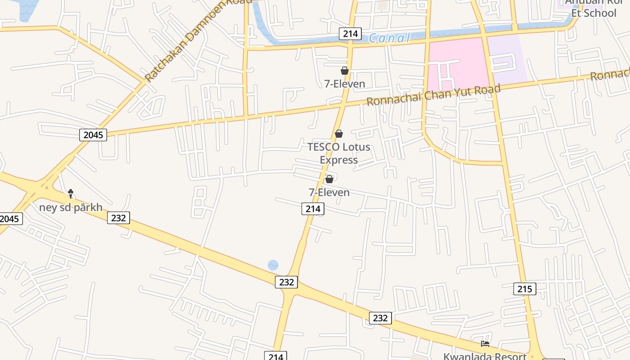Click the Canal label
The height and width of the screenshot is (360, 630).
(390, 38)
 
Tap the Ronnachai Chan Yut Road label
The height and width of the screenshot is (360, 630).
(433, 94)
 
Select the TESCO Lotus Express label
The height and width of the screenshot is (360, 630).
(339, 153)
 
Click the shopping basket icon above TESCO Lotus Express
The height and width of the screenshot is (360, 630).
(339, 134)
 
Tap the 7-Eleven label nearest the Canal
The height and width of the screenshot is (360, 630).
(345, 84)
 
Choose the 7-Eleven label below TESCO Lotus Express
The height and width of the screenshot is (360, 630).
(329, 193)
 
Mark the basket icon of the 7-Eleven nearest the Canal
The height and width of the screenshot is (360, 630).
(345, 71)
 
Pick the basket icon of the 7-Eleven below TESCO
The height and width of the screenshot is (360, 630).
(329, 179)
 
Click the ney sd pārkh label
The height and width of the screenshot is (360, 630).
(71, 207)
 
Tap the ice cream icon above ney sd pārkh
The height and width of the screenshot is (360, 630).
(71, 193)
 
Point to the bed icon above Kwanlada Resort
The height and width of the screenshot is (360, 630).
(485, 344)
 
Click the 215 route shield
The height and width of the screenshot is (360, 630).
(525, 289)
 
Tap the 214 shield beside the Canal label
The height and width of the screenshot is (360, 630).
(350, 34)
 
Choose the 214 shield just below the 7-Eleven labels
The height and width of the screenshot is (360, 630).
(313, 209)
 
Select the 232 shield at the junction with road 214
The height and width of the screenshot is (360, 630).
(286, 282)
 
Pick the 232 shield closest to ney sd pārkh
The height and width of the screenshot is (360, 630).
(118, 218)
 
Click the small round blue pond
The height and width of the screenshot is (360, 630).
(273, 265)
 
